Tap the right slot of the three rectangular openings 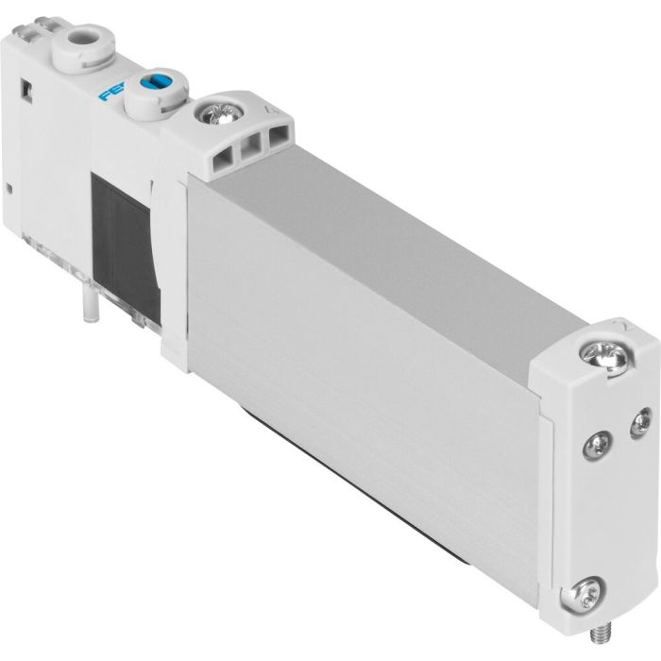tap(277, 144)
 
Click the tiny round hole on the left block tap(10, 191)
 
